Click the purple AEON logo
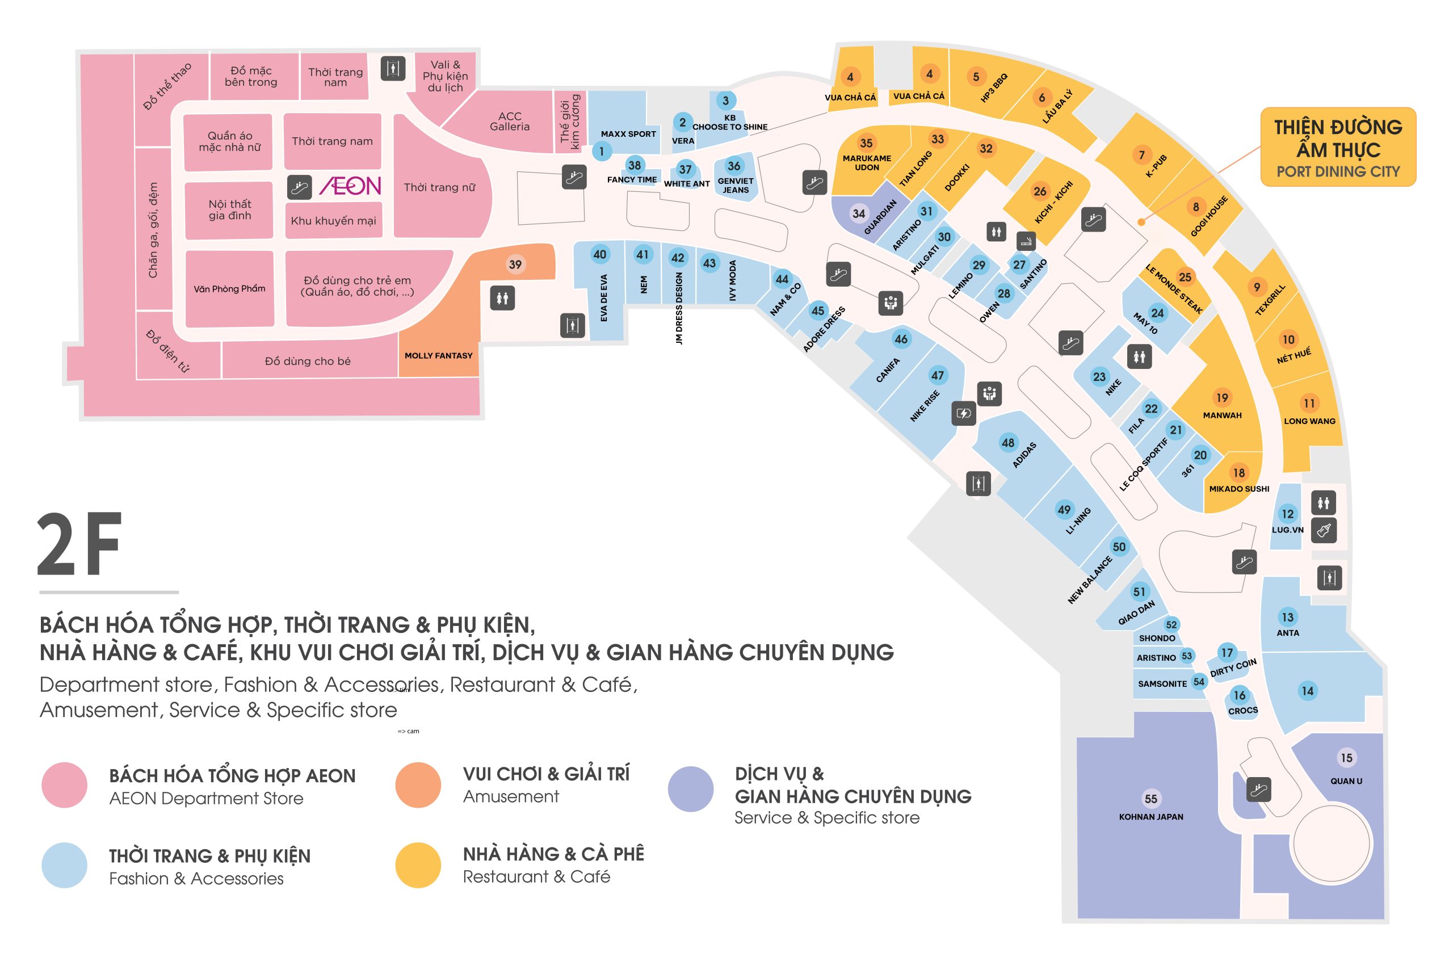coord(350,186)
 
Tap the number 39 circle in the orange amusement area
coord(515,265)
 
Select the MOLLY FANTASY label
coord(438,356)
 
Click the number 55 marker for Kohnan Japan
coord(1150,799)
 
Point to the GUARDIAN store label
coord(880,217)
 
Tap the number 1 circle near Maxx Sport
coord(602,151)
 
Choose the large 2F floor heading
coord(80,546)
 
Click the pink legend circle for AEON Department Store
coord(64,785)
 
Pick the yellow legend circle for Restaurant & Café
coord(418,865)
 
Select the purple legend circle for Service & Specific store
coord(691,789)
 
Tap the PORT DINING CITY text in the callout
coord(1338,171)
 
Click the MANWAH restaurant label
coord(1222,416)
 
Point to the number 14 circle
coord(1307,691)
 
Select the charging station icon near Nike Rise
coord(963,414)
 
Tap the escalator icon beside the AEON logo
coord(300,187)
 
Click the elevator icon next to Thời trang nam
coord(393,68)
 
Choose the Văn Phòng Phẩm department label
coord(229,288)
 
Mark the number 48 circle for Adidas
coord(1008,443)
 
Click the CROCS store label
coord(1242,711)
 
